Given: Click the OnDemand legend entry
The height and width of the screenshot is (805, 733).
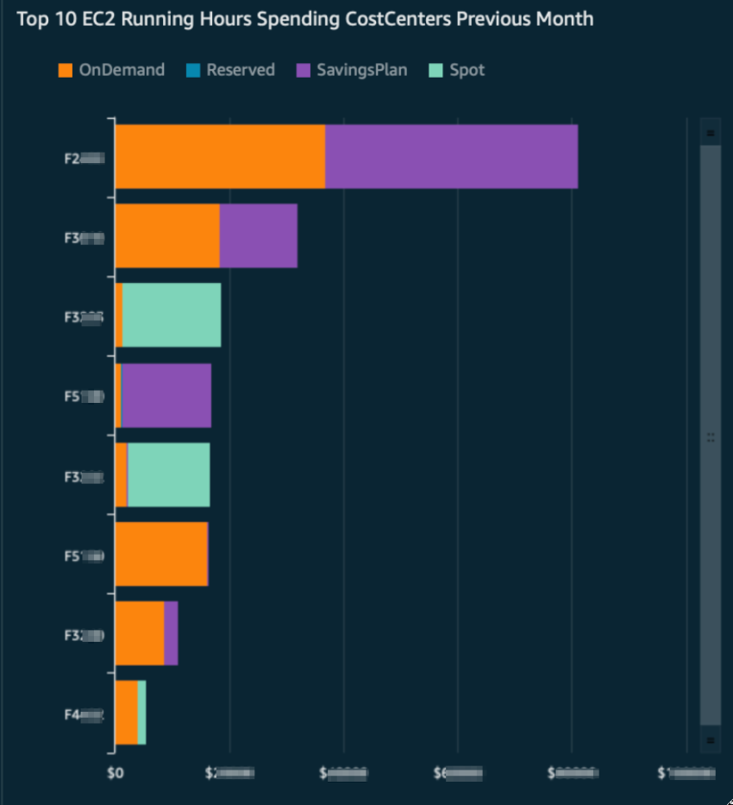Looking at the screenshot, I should tap(110, 70).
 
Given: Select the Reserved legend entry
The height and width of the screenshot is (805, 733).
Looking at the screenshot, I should tap(230, 70).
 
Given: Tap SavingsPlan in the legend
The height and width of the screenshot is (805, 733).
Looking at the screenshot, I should tap(351, 70).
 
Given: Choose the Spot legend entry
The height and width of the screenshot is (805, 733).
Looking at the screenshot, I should tap(456, 70).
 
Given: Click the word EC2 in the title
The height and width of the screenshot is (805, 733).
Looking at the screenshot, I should tap(107, 19).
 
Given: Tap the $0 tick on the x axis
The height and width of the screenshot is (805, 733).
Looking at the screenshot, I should tap(115, 773).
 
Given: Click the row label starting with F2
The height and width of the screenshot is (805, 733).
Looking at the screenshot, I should tap(84, 158).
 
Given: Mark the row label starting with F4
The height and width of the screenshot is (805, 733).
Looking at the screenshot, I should tap(84, 714).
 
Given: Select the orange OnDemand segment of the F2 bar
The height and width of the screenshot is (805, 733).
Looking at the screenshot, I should tap(220, 156).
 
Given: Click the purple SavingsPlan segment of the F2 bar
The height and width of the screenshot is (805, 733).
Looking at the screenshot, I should tap(451, 156).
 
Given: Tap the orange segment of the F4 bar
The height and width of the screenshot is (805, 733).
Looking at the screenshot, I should tap(126, 713).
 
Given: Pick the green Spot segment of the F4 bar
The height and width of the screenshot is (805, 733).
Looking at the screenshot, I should tap(141, 713).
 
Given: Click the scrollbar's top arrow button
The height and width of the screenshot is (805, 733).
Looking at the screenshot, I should tap(711, 133).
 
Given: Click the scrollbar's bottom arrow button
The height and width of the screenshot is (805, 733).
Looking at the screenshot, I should tap(711, 739).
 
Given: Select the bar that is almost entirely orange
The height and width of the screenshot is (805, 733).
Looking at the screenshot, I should tap(161, 554).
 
